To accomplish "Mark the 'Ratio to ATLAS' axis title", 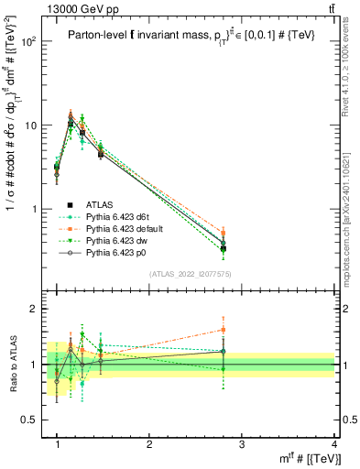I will pos(13,365).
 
